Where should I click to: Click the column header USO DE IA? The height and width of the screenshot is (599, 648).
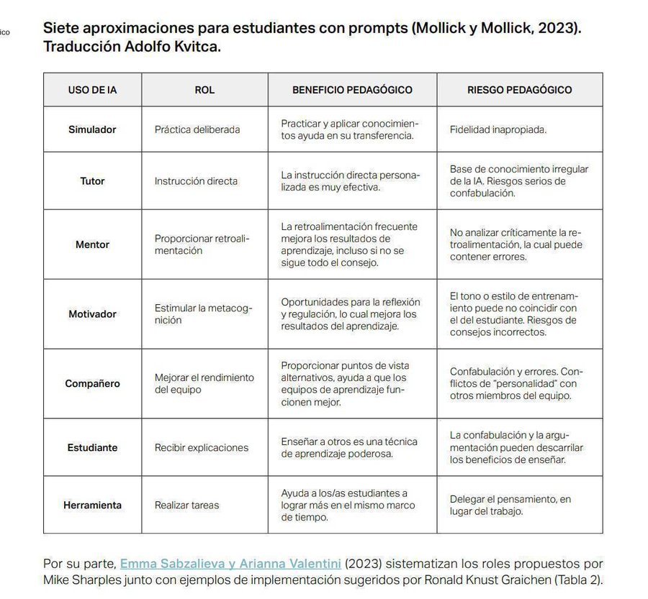(x=92, y=90)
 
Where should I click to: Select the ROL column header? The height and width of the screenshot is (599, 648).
(x=204, y=90)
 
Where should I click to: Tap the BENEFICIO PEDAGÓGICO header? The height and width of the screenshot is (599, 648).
(x=352, y=90)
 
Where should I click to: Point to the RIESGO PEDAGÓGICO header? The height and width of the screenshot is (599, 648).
(x=519, y=90)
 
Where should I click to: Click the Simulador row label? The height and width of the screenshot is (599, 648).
(x=92, y=129)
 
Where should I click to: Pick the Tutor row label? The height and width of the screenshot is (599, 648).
(x=92, y=180)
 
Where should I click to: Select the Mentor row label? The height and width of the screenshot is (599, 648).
(x=92, y=244)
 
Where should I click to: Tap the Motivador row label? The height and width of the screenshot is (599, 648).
(x=92, y=314)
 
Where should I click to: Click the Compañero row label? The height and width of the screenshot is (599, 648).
(x=92, y=383)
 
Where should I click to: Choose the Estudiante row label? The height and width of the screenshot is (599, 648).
(x=92, y=447)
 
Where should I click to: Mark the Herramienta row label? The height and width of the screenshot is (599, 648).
(x=92, y=505)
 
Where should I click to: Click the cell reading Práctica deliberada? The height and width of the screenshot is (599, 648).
(x=197, y=129)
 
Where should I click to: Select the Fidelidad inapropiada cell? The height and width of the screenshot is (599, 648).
(x=498, y=129)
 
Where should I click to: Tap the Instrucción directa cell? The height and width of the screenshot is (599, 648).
(x=196, y=180)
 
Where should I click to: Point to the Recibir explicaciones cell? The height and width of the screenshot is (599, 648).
(x=202, y=447)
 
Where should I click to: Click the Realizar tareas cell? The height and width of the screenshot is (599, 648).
(x=186, y=505)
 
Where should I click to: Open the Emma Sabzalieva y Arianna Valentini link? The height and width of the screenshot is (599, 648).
(x=230, y=564)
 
